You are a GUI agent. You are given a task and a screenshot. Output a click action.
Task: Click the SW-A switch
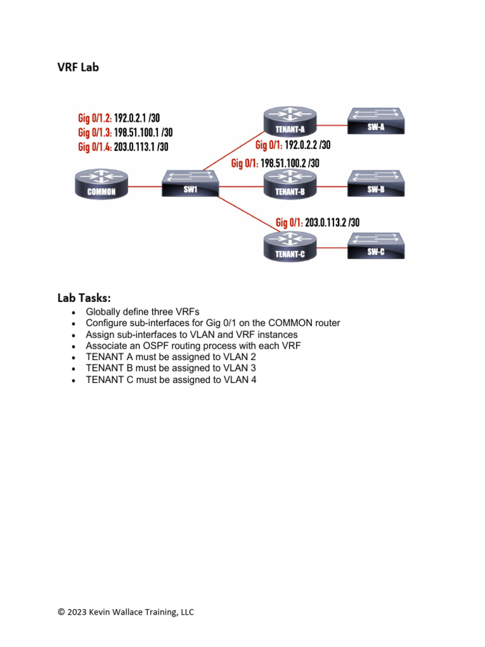coord(376,121)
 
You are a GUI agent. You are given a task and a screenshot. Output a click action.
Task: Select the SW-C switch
coord(376,245)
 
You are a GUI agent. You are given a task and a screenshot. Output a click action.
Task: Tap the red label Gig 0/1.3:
coord(95,133)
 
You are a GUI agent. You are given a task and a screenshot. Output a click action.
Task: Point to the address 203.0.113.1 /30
coord(141,147)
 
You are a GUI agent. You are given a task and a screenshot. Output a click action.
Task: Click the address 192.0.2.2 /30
coord(308,145)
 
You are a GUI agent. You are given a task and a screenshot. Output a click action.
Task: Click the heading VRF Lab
coord(78,68)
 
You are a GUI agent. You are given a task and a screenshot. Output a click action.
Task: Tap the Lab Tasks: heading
coord(84,297)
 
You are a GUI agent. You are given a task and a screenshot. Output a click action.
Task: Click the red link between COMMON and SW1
coord(145,186)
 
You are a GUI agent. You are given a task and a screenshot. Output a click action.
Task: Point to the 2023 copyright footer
coord(126,612)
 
